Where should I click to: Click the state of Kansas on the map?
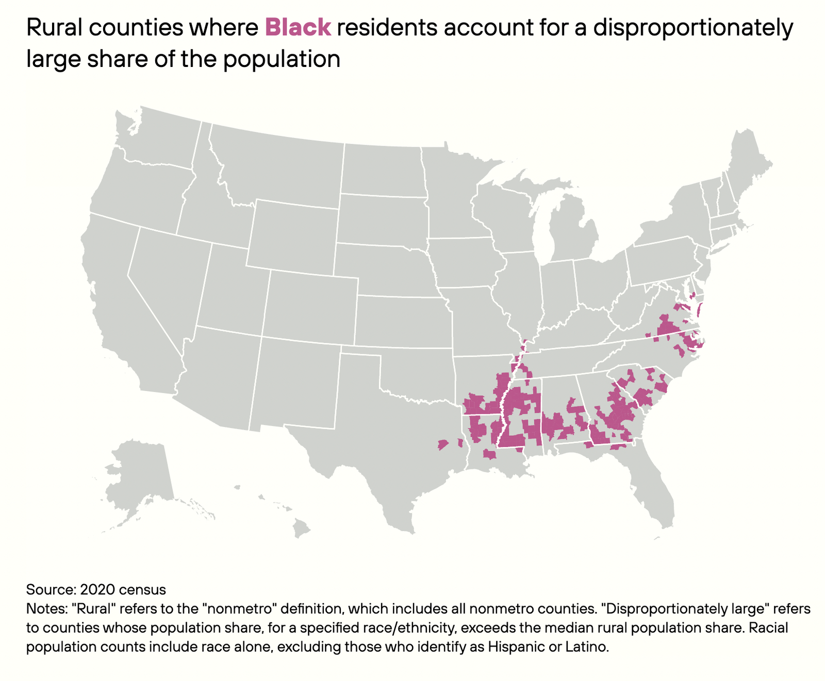point(402,322)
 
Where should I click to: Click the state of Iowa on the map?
point(464,263)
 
